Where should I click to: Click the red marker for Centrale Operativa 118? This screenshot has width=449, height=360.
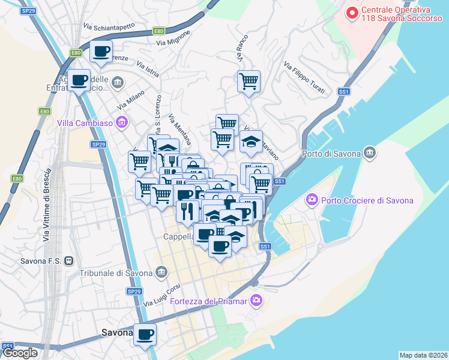pyautogui.click(x=353, y=12)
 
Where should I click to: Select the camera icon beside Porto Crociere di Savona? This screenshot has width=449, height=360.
pyautogui.click(x=312, y=199)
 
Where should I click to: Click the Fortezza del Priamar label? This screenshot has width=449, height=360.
pyautogui.click(x=209, y=301)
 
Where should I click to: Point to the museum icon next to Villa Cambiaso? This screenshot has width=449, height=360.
pyautogui.click(x=122, y=123)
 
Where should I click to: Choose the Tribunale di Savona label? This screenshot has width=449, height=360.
pyautogui.click(x=116, y=273)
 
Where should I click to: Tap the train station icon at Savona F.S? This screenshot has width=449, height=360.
pyautogui.click(x=70, y=261)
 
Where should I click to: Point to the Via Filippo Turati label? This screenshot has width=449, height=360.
pyautogui.click(x=304, y=79)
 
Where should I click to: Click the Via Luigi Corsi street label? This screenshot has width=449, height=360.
pyautogui.click(x=161, y=295)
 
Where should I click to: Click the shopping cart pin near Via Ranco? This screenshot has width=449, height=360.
pyautogui.click(x=249, y=81)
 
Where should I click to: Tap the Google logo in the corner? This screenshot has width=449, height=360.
pyautogui.click(x=20, y=353)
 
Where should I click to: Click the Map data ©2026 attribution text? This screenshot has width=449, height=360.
pyautogui.click(x=424, y=355)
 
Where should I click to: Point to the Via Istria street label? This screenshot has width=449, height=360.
pyautogui.click(x=148, y=68)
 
